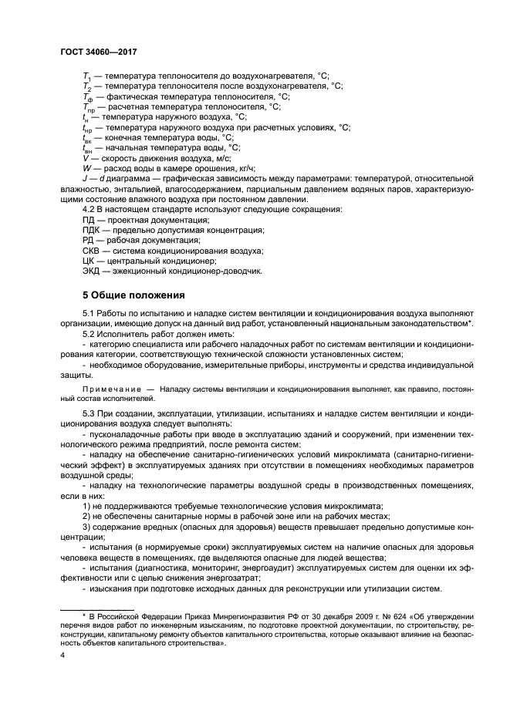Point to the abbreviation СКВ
point(92,251)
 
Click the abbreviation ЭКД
point(92,271)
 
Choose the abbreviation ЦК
point(89,261)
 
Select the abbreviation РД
point(88,241)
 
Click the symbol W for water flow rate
point(86,167)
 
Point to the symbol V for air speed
point(85,157)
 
